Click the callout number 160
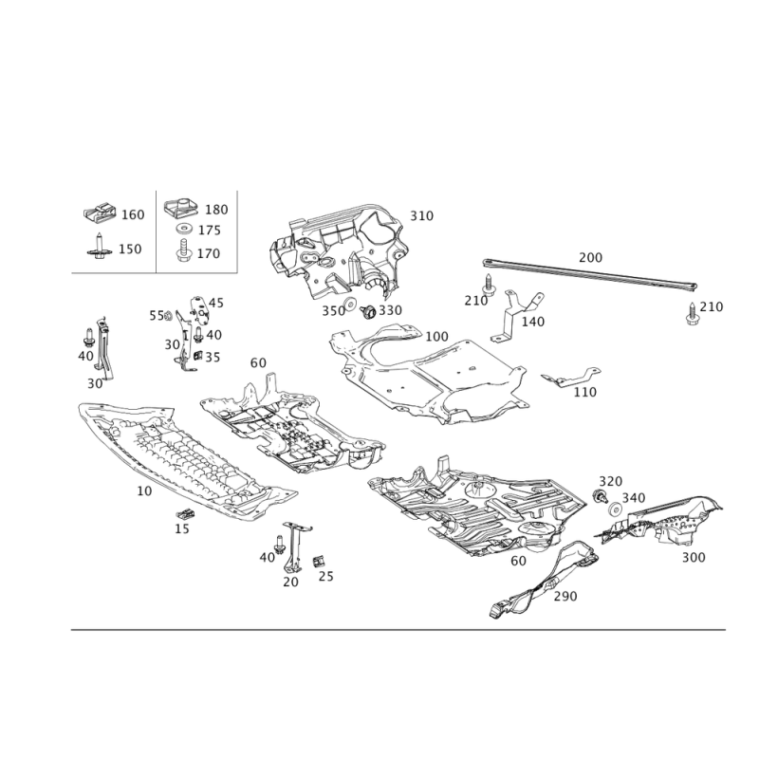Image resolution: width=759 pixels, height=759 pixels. click(133, 214)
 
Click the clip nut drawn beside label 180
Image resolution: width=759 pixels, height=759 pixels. click(177, 208)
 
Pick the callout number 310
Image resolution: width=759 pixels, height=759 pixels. click(421, 215)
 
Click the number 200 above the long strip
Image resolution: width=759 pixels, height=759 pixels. click(590, 257)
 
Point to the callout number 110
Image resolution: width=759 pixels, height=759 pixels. click(586, 391)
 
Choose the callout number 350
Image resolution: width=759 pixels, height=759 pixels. click(332, 309)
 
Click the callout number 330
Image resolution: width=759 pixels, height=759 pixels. click(391, 310)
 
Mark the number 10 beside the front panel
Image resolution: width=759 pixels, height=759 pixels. click(144, 491)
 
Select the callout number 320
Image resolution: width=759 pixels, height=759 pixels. click(610, 481)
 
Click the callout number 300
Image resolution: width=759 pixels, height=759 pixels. click(694, 558)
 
